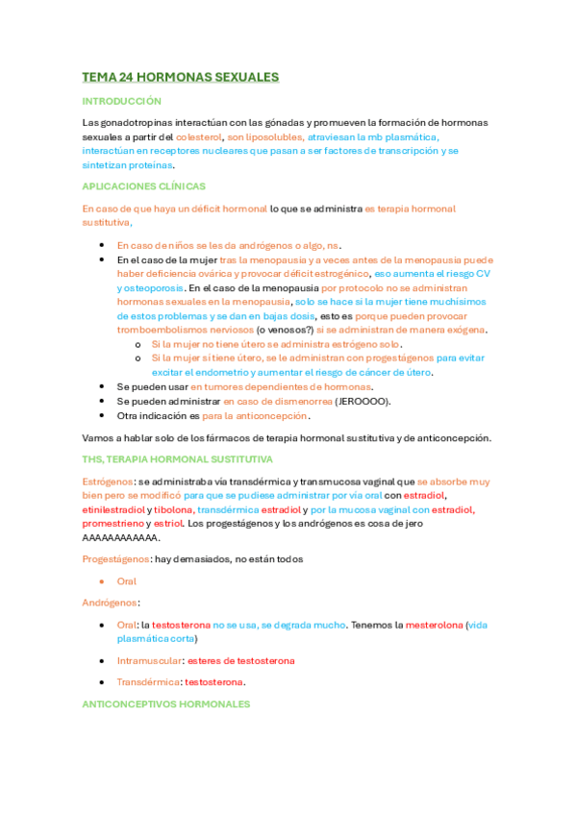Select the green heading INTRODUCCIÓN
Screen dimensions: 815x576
coord(121,101)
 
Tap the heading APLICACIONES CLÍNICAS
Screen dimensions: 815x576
coord(143,186)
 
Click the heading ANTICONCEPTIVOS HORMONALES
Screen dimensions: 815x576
coord(165,704)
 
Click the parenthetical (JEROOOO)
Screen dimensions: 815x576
coord(363,401)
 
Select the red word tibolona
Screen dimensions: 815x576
coord(173,509)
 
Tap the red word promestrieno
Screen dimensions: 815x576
coord(113,524)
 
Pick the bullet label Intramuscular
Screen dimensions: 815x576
coord(148,660)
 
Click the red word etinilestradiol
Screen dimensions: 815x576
coord(113,509)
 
